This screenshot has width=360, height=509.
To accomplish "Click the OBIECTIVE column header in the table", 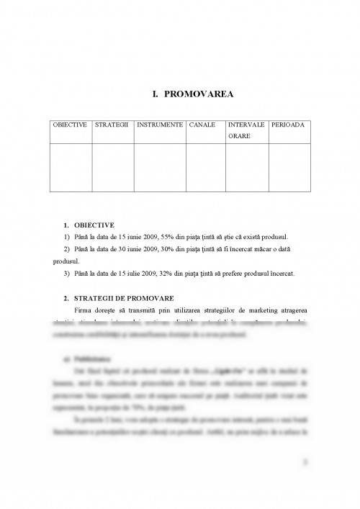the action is [x=70, y=125].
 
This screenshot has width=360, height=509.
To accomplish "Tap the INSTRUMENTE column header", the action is [x=159, y=125].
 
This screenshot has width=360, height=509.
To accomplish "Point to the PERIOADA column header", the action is [x=288, y=125].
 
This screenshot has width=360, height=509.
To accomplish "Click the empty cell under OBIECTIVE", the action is [x=71, y=167].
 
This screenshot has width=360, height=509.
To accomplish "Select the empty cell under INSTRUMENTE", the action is [x=159, y=167].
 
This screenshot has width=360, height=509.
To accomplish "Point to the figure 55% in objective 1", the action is [x=168, y=237].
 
